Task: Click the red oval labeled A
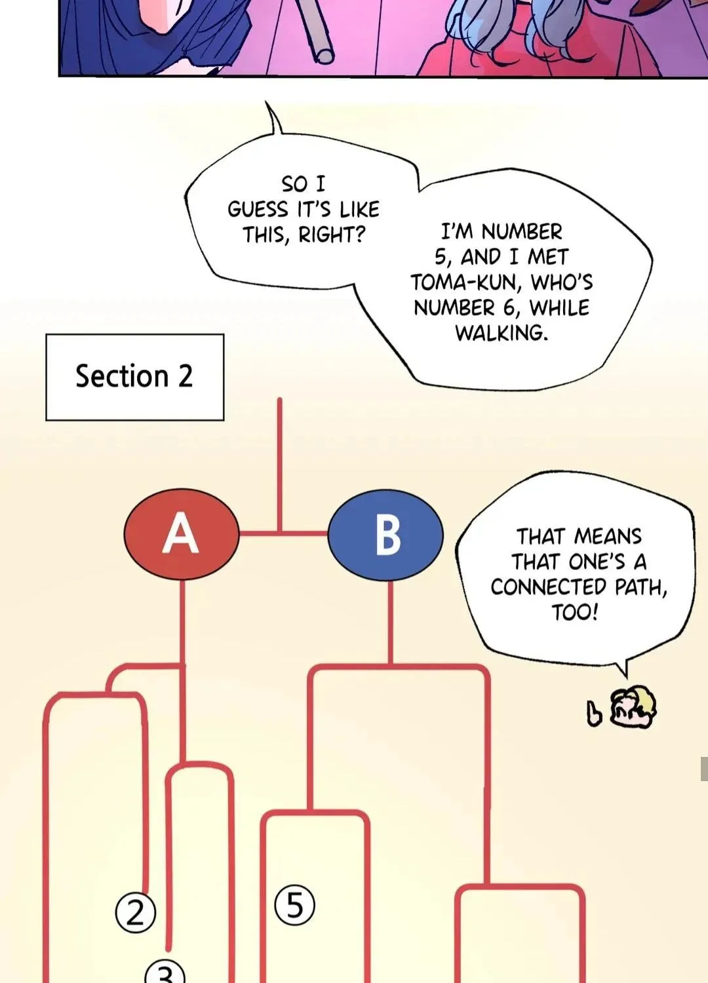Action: point(182,533)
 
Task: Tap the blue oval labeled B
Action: point(385,535)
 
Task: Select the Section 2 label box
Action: point(135,377)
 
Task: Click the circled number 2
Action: point(135,914)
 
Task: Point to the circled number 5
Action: point(294,904)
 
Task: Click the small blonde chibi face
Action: point(633,706)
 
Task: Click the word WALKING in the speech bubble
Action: point(501,333)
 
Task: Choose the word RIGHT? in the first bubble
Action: point(332,235)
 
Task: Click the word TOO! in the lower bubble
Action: point(574,612)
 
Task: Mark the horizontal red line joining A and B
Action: point(284,533)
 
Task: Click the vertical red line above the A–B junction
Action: point(280,465)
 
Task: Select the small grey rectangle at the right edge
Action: point(704,769)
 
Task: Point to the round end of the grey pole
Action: point(324,56)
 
